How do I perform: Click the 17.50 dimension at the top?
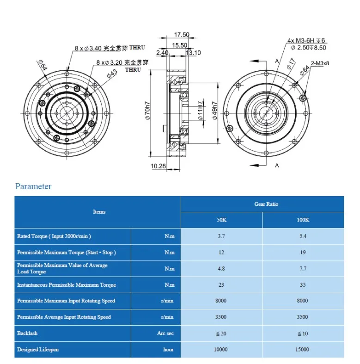click(182, 35)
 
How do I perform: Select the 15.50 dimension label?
click(179, 45)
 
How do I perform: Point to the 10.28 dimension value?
click(159, 166)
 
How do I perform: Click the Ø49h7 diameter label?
click(214, 111)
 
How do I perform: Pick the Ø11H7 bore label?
click(201, 111)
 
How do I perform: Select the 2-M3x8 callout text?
click(320, 63)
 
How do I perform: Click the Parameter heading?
click(33, 186)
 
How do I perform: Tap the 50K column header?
click(221, 220)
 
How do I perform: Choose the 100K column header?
click(303, 220)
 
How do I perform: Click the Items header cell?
click(99, 212)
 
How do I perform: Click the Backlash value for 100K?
click(303, 333)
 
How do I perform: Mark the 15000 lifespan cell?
click(303, 349)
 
